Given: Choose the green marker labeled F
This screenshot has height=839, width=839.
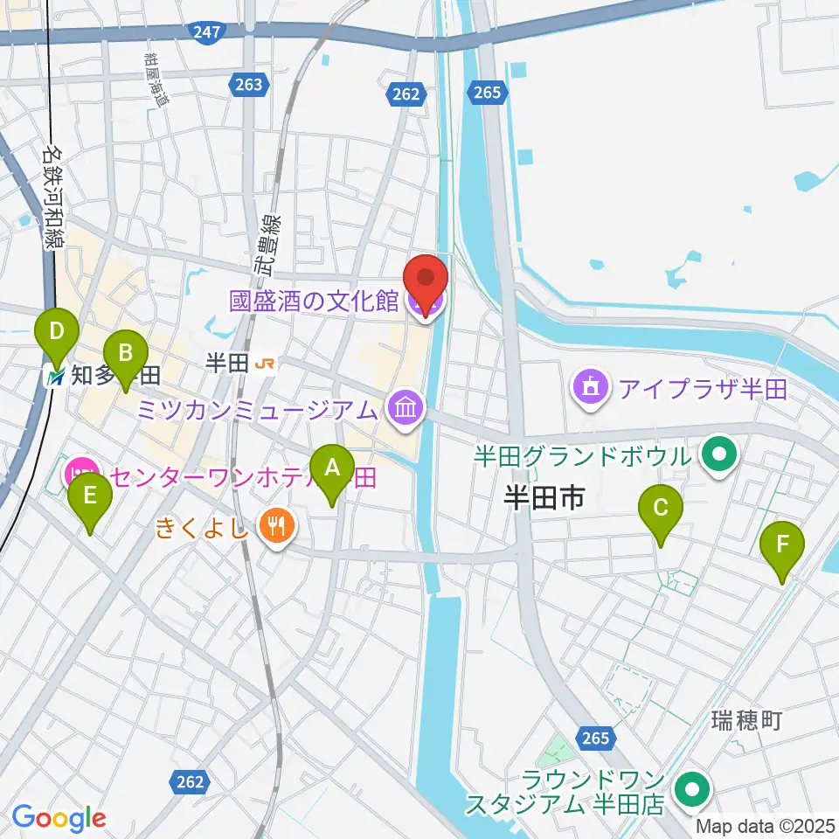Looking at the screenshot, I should click(x=781, y=549).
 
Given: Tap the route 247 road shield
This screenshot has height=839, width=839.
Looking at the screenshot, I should click(x=207, y=31).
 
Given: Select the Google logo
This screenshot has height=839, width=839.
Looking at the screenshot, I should click(x=59, y=818).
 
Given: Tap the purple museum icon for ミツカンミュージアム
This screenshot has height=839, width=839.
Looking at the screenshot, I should click(x=405, y=407).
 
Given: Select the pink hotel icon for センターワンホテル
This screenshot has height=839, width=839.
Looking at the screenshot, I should click(x=78, y=476).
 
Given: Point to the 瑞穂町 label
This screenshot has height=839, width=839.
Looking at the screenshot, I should click(x=745, y=721).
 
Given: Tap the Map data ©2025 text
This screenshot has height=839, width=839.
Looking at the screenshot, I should click(x=766, y=826).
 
